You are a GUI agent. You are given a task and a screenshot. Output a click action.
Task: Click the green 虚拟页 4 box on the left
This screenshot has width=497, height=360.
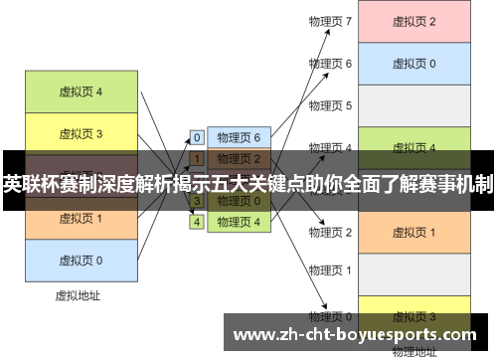pyautogui.click(x=81, y=92)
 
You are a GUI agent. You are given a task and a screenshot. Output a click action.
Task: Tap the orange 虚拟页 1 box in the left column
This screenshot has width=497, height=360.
pyautogui.click(x=81, y=218)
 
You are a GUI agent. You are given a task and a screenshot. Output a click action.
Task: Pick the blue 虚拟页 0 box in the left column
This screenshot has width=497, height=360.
pyautogui.click(x=81, y=260)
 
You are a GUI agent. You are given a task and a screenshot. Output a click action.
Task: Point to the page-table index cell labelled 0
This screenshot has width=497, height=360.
pyautogui.click(x=197, y=138)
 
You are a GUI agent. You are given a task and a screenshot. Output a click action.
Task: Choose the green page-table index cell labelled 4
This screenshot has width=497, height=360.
pyautogui.click(x=197, y=222)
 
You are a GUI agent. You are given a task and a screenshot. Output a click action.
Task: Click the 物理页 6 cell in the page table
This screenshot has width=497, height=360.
pyautogui.click(x=239, y=138)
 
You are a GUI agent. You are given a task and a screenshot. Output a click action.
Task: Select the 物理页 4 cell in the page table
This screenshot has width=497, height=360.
pyautogui.click(x=239, y=222)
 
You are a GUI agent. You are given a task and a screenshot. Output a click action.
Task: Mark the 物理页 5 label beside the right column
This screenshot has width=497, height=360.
pyautogui.click(x=330, y=105)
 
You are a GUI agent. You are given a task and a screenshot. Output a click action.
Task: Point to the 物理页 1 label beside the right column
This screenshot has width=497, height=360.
pyautogui.click(x=330, y=270)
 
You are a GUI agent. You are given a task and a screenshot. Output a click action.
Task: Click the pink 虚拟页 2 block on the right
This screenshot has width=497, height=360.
pyautogui.click(x=414, y=22)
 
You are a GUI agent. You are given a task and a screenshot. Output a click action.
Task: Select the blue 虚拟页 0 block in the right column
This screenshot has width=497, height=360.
pyautogui.click(x=414, y=64)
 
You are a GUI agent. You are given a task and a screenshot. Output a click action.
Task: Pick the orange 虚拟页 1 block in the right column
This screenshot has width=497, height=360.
pyautogui.click(x=414, y=232)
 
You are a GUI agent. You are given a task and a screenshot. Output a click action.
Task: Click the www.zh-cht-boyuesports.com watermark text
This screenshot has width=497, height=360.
pyautogui.click(x=359, y=334)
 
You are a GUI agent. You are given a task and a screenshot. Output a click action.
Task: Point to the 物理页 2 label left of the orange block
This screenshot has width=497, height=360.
pyautogui.click(x=330, y=232)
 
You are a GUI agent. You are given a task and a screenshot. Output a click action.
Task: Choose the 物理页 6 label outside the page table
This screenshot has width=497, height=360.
pyautogui.click(x=330, y=64)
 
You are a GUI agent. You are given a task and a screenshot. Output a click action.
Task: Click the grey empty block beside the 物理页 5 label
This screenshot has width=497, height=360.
pyautogui.click(x=414, y=105)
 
